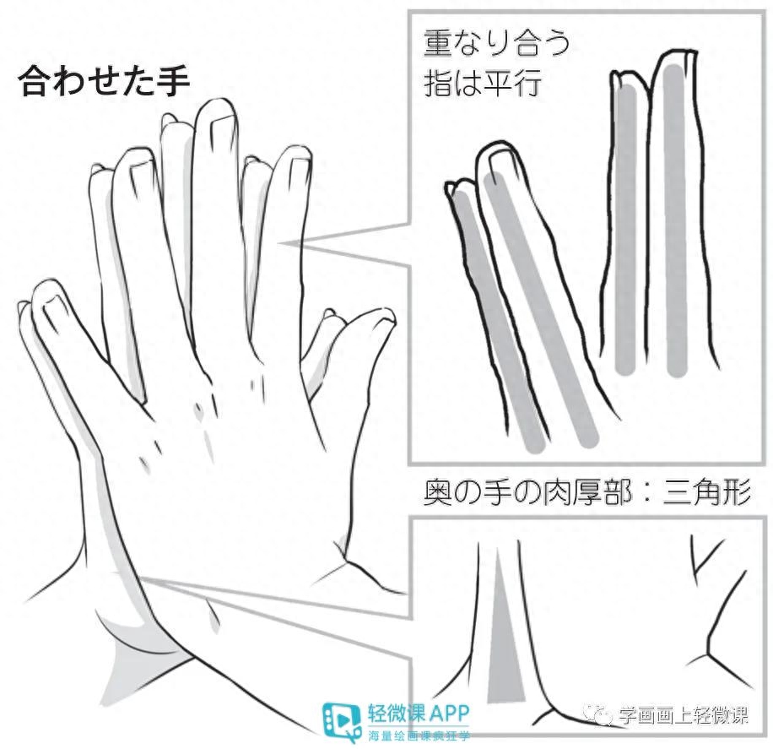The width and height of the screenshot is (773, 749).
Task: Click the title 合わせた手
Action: (104, 81)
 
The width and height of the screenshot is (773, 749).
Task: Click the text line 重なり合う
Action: (496, 43)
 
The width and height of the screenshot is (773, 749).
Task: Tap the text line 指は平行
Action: (482, 83)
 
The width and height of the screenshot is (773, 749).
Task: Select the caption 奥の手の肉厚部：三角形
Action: (587, 492)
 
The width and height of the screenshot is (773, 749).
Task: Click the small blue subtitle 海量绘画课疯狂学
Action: (419, 735)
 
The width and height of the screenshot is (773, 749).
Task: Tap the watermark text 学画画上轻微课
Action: (684, 714)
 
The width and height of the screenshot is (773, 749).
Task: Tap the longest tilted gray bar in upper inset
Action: (541, 311)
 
